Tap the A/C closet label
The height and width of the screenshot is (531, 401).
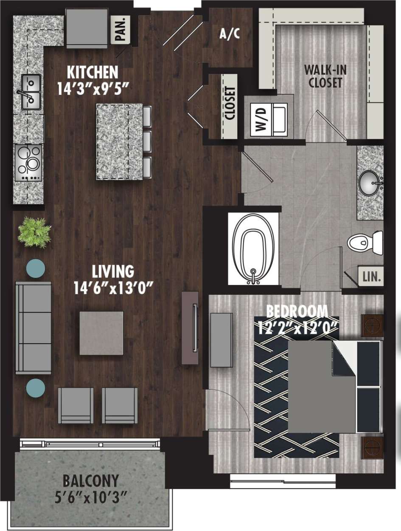[x=230, y=34]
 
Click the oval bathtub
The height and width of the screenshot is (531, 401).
[x=253, y=249]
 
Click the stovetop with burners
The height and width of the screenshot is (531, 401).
[x=28, y=163]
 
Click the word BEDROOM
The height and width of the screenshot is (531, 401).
[x=297, y=311]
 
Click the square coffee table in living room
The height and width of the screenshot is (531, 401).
[x=101, y=333]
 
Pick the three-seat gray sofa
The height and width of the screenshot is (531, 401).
[x=33, y=328]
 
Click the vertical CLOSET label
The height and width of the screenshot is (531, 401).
[x=230, y=105]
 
